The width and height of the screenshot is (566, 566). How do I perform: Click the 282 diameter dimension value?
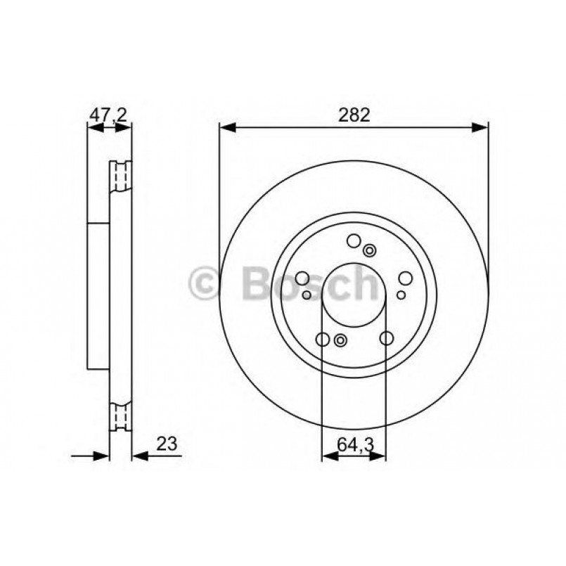click(354, 115)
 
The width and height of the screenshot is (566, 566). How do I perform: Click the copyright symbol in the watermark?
click(206, 285)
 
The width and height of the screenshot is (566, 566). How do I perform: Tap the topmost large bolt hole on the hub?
click(354, 240)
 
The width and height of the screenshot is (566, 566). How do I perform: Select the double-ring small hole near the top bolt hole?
click(370, 249)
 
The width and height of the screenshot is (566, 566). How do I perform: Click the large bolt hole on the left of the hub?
click(304, 278)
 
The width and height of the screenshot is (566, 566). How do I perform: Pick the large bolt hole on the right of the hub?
click(405, 278)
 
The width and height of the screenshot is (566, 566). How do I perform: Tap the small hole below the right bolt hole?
click(401, 295)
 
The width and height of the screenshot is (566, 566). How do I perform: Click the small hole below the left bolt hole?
click(307, 295)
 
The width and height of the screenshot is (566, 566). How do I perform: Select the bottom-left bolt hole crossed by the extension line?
click(322, 340)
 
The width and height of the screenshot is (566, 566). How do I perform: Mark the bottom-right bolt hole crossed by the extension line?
click(385, 339)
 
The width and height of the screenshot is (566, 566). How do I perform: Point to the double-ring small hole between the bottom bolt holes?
click(340, 341)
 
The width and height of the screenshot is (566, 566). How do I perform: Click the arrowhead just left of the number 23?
click(139, 456)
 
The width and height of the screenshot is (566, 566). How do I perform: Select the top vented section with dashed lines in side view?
click(121, 176)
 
